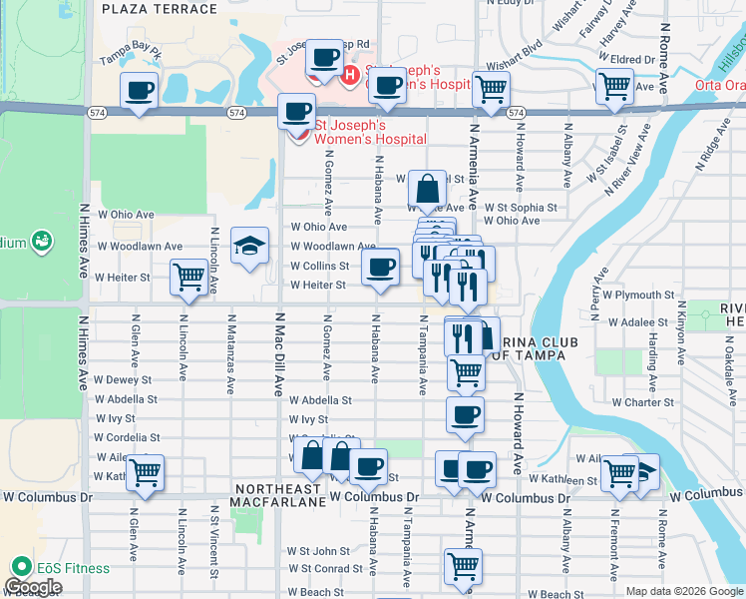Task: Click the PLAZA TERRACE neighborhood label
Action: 160,9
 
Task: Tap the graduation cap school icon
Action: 249,247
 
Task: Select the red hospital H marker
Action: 350,74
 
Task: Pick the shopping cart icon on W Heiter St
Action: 188,277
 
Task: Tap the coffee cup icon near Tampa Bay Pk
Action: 139,91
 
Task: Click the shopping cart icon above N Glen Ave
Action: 146,472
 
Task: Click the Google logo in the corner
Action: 33,588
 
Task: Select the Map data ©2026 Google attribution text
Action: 684,591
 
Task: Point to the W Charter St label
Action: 643,402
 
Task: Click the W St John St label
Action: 318,550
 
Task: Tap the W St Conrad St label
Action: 325,570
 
